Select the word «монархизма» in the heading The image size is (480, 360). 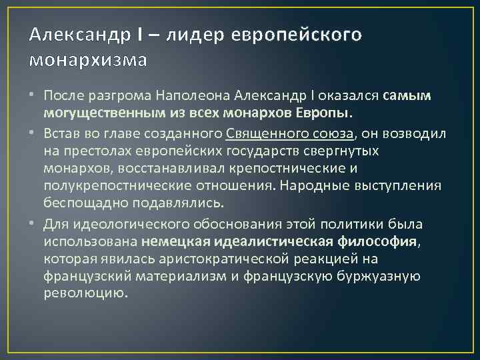click(87, 60)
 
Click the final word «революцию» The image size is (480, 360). click(85, 293)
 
